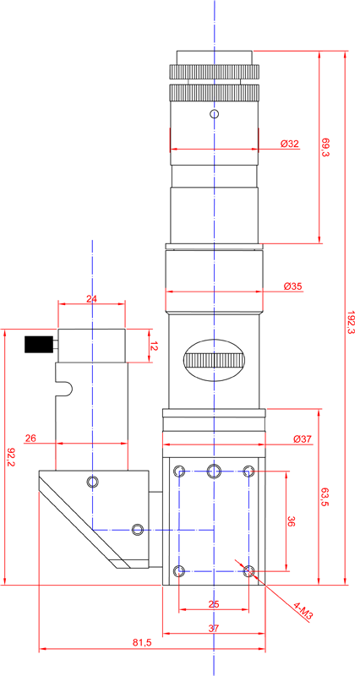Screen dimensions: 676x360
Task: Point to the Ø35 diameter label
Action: tap(292, 286)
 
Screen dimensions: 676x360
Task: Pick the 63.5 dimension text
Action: tap(326, 498)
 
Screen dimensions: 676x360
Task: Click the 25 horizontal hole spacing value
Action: tap(213, 603)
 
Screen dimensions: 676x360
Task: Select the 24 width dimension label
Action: tap(92, 298)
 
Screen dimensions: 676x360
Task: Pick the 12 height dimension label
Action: tap(154, 346)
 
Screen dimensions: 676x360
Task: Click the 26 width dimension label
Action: tap(31, 438)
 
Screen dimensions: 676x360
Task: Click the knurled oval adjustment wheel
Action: tap(215, 361)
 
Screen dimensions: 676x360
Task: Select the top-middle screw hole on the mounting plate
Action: tap(214, 471)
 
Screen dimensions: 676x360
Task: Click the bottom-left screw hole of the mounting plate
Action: tap(178, 571)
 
